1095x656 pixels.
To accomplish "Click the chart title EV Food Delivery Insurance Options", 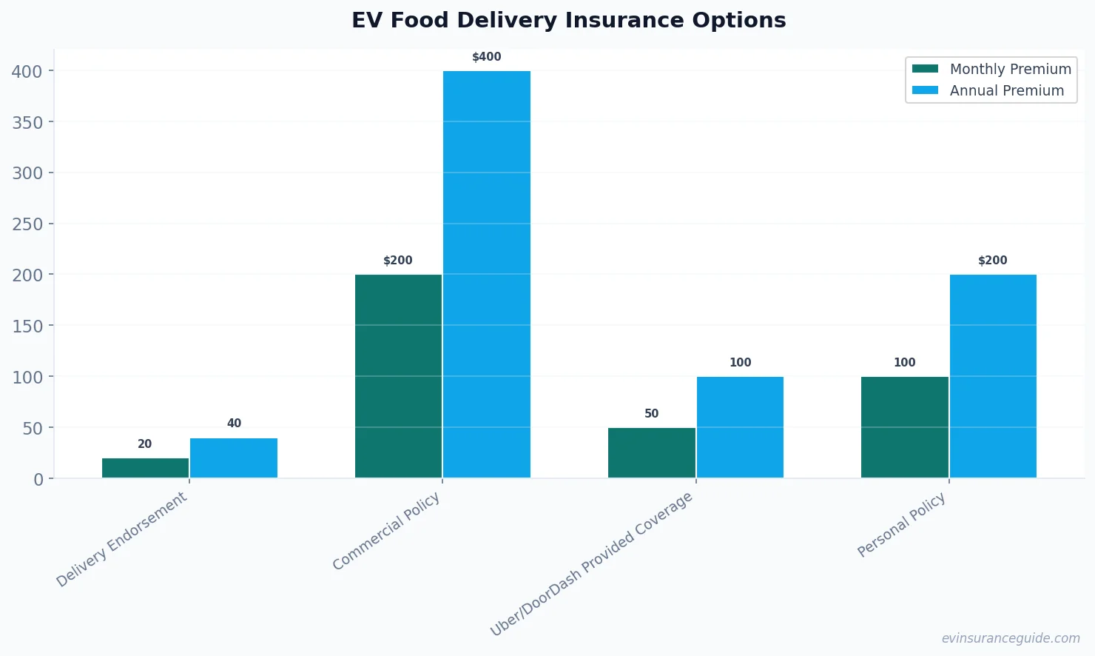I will pos(568,20).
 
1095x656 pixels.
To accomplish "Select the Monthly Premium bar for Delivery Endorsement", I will pos(146,468).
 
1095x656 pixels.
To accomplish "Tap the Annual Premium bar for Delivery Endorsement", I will pos(234,458).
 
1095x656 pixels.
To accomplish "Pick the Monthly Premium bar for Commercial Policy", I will pos(398,376).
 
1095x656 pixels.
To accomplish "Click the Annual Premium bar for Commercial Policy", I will pos(487,275).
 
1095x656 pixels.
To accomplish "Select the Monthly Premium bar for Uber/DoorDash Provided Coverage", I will pos(651,452).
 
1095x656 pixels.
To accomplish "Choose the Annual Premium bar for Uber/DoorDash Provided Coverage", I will pos(740,427).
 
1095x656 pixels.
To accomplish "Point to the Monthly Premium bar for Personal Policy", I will pos(904,427).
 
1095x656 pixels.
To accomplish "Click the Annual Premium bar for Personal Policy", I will pos(993,376).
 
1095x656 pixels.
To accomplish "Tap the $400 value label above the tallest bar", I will pos(487,57).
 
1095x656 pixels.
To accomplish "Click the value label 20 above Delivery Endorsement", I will pos(145,444).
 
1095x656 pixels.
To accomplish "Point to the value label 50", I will pos(651,414).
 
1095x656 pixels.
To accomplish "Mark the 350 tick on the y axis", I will pos(27,122).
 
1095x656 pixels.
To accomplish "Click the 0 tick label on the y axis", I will pos(38,480).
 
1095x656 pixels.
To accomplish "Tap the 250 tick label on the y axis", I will pos(27,224).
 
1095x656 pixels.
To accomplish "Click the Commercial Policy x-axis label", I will pos(386,532).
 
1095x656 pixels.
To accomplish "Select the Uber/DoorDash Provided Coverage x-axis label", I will pos(592,563).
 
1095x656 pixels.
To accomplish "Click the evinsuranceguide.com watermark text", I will pos(1011,638).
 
